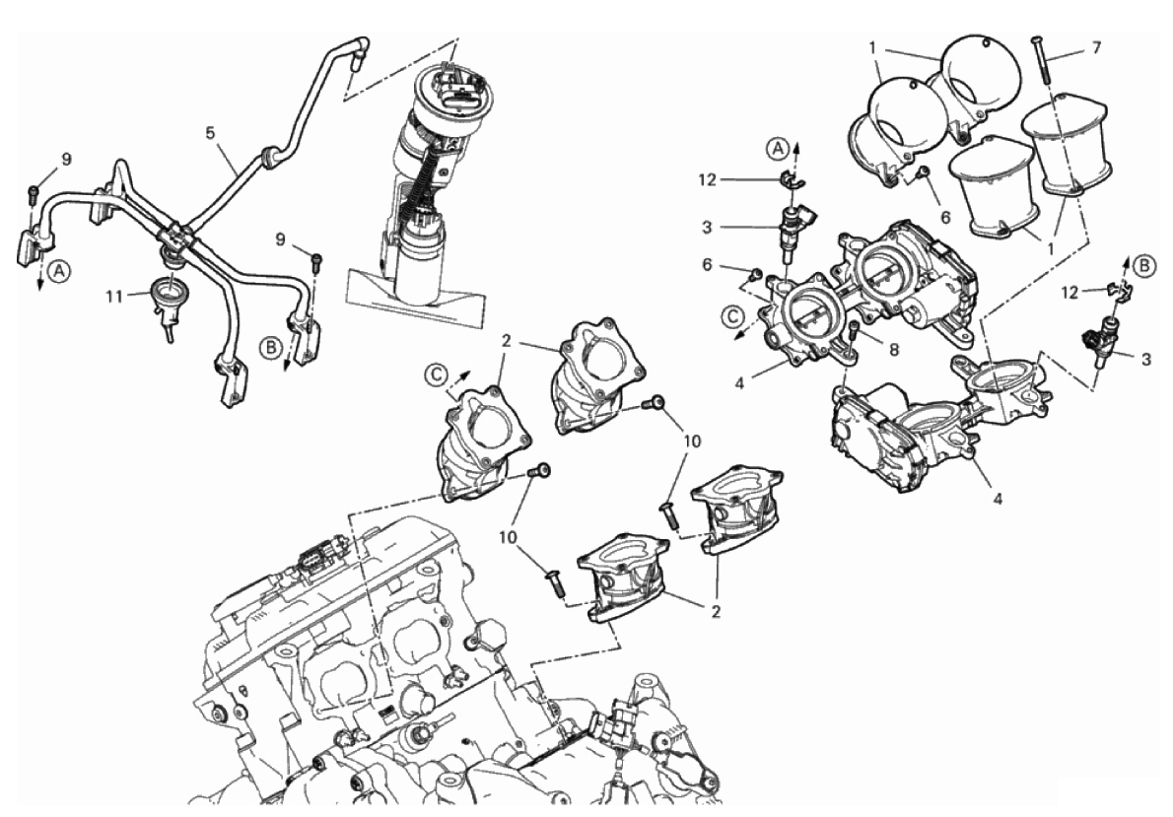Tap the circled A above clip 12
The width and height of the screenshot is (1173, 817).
pos(780,148)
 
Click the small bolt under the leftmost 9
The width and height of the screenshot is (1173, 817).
pos(33,192)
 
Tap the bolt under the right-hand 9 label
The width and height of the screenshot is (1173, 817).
pos(315,262)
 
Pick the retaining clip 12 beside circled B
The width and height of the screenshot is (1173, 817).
pos(1118,290)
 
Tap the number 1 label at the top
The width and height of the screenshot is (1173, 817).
pos(873,46)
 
